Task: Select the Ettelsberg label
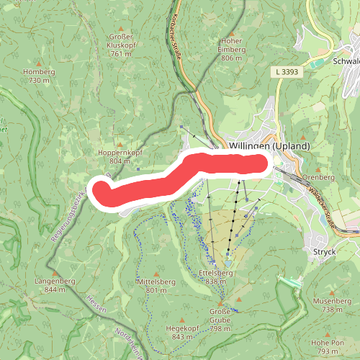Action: point(215,274)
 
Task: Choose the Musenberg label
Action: point(333,300)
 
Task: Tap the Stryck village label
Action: point(325,252)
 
